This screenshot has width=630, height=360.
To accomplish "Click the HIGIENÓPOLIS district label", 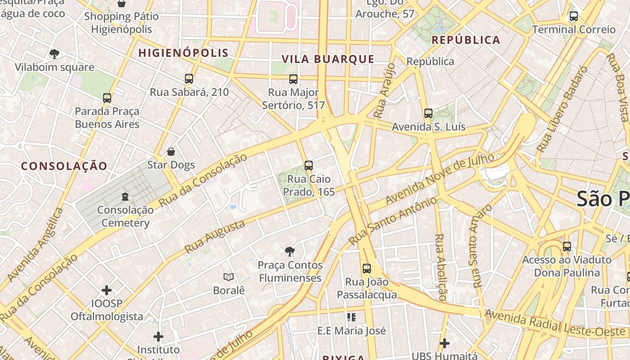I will [x=183, y=53].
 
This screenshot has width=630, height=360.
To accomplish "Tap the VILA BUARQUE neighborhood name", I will [x=328, y=59].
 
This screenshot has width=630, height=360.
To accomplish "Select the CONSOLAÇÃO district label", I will [x=64, y=166].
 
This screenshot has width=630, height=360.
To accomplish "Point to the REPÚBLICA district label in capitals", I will [x=466, y=40].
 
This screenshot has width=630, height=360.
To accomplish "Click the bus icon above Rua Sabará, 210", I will [x=189, y=79].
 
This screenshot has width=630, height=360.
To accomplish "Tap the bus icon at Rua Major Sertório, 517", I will [x=293, y=79].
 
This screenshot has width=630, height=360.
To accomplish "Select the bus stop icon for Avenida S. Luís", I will [x=428, y=113].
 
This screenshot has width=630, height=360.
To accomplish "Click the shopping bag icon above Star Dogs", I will [x=171, y=152].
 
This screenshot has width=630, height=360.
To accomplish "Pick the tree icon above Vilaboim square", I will [x=54, y=54].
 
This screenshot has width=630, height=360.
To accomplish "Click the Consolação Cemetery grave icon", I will [x=125, y=197].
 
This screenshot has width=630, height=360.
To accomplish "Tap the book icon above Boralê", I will [x=229, y=277].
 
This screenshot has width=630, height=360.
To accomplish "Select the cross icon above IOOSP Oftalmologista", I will [x=107, y=290].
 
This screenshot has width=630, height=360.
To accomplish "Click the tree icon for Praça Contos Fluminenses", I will [x=290, y=252].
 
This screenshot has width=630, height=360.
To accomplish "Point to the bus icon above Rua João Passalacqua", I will [x=367, y=269].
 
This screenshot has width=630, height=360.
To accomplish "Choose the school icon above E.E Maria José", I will [x=351, y=317].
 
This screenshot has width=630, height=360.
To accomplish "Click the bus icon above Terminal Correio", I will [x=574, y=16].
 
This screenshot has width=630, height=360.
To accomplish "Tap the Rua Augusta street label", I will [x=215, y=236].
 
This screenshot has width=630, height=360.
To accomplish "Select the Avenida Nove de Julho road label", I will [x=440, y=178].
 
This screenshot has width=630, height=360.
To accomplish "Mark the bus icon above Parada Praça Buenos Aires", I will [x=107, y=98].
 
